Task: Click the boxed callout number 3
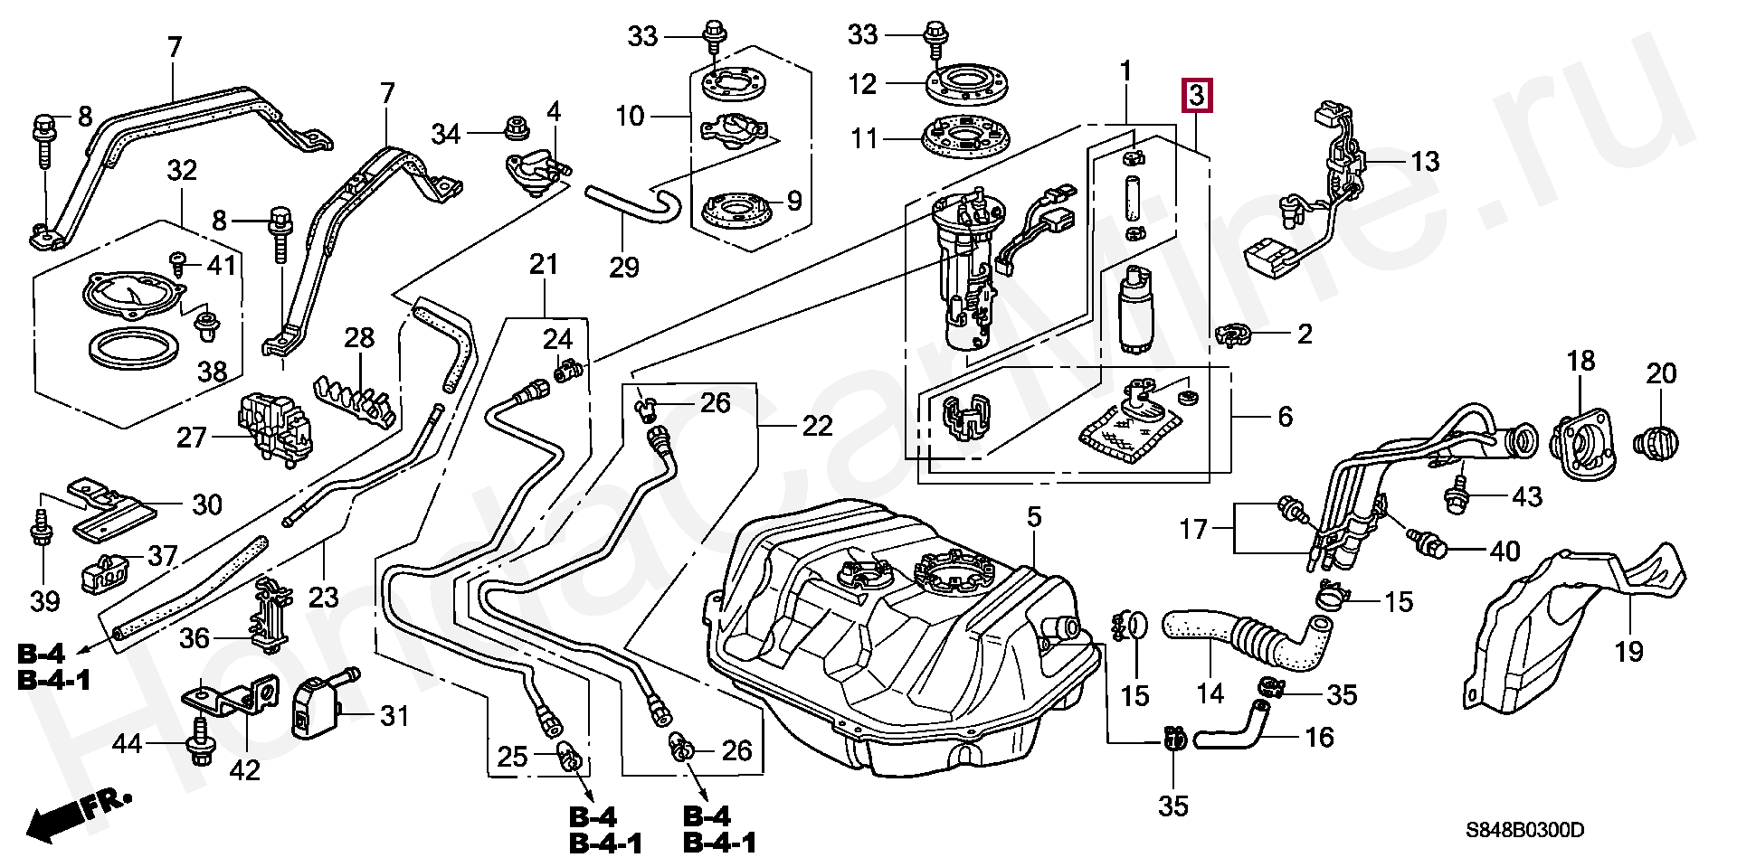tap(1196, 95)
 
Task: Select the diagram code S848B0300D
tap(1525, 830)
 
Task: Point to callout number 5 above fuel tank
tap(1034, 518)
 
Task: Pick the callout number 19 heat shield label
tap(1628, 651)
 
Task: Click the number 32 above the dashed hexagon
tap(182, 170)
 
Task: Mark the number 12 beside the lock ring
tap(862, 84)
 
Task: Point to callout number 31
tap(394, 717)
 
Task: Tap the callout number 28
tap(359, 338)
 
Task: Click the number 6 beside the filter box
tap(1285, 417)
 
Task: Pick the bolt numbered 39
tap(41, 527)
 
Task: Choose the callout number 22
tap(817, 426)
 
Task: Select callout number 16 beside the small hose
tap(1320, 737)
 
